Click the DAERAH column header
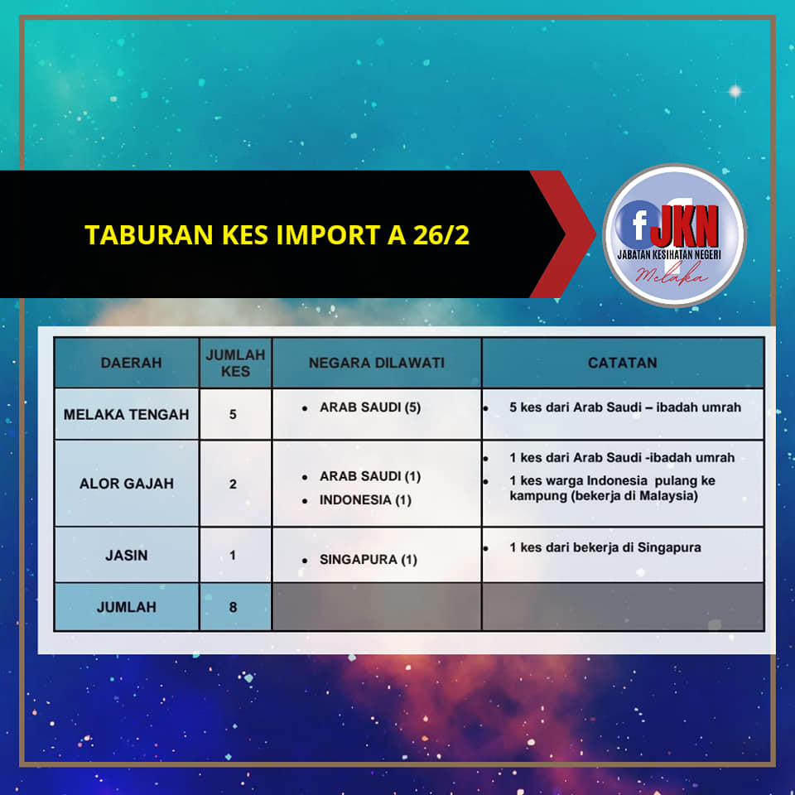[132, 363]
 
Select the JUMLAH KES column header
[235, 363]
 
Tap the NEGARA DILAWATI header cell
[376, 363]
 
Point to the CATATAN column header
[622, 363]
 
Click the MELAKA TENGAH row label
[126, 414]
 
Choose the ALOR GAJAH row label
[126, 483]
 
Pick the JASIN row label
[126, 555]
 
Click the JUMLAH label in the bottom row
[126, 607]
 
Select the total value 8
[233, 607]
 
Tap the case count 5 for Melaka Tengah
[233, 414]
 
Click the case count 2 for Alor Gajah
[233, 484]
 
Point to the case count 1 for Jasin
[232, 555]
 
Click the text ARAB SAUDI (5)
[370, 407]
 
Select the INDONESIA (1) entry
[365, 500]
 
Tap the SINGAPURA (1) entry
[368, 559]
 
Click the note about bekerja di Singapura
[605, 547]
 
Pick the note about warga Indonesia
[612, 488]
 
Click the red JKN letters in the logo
[685, 226]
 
